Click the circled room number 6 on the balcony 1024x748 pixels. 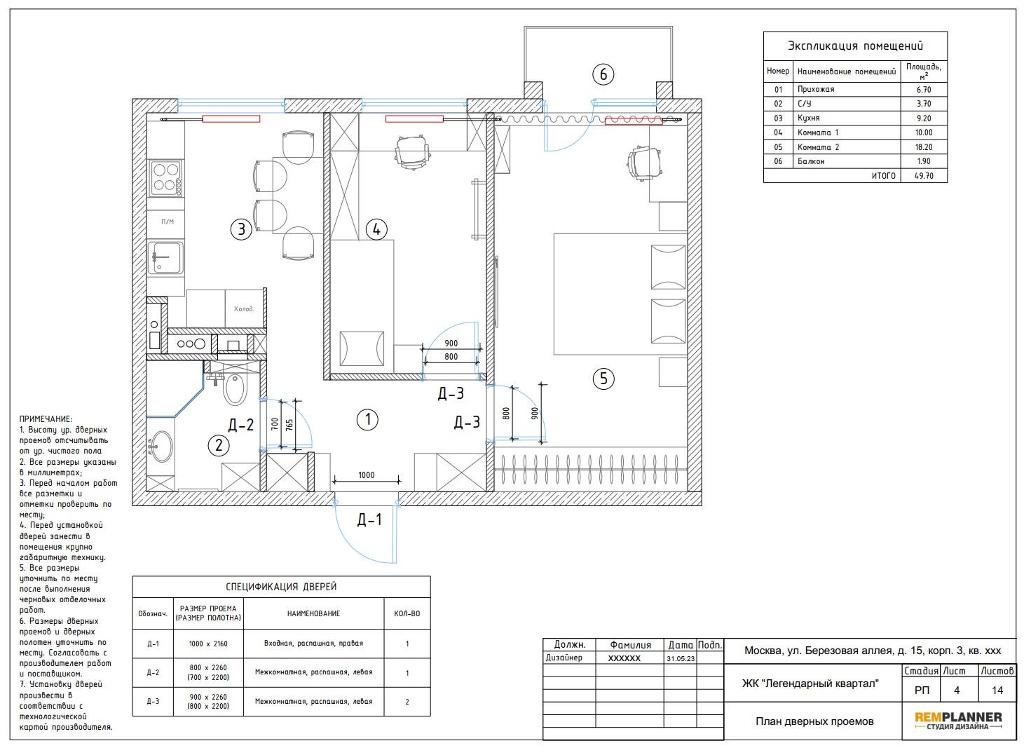603,74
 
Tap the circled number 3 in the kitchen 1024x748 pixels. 241,229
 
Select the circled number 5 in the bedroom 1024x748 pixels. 603,379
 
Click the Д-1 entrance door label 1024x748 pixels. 369,519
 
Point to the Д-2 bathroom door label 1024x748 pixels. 241,425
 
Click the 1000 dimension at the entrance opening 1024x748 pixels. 366,475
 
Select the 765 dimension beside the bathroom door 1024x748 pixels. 289,426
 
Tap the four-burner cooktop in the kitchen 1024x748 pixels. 165,177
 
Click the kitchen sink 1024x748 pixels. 165,258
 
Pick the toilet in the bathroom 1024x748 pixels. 235,388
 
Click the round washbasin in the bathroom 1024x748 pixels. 161,447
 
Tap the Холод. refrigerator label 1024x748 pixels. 244,308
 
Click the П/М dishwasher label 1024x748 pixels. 168,222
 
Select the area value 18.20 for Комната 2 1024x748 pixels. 924,147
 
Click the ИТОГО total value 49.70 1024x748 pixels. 924,176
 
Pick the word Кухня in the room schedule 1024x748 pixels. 808,118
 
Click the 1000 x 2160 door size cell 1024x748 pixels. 208,644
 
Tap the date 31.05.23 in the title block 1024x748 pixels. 681,659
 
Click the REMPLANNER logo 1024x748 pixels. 957,721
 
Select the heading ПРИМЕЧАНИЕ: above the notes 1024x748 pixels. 46,419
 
